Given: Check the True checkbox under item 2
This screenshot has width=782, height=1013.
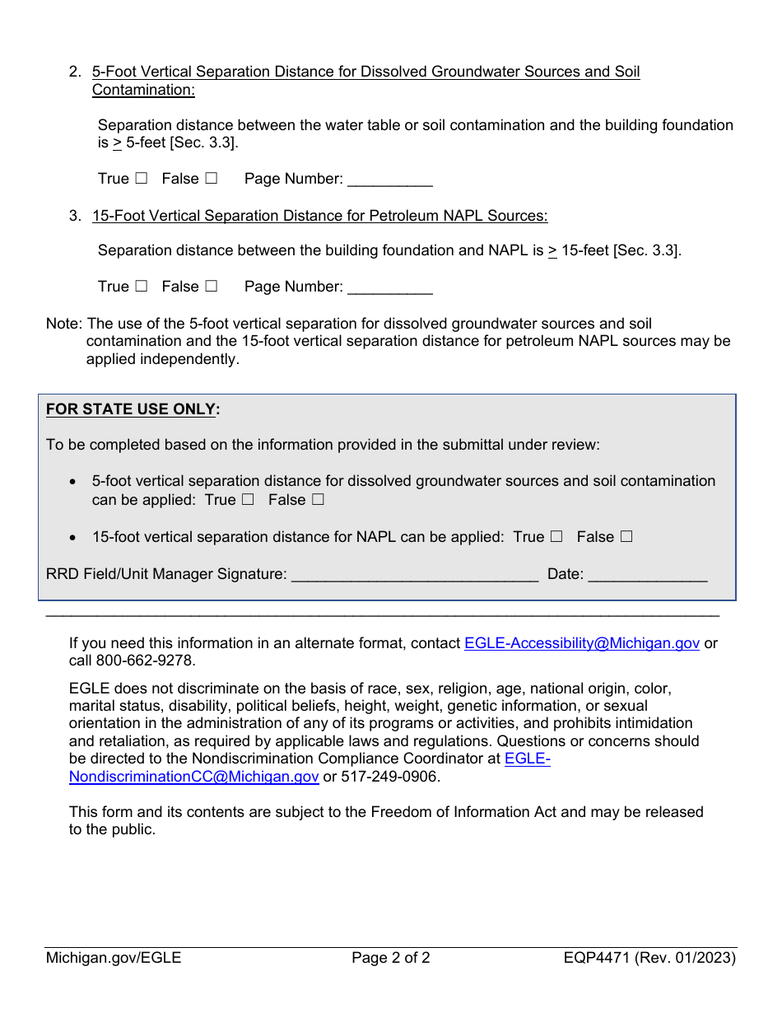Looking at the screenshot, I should (142, 179).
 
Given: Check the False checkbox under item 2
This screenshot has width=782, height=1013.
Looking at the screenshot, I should (212, 179).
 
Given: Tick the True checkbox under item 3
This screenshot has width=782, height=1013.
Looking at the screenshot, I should (142, 287).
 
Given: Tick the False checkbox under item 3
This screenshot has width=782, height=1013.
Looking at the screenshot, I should (212, 287).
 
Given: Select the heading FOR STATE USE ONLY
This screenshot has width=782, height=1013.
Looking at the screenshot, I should (133, 409).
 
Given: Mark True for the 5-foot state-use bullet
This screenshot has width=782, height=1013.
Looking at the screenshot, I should (248, 500).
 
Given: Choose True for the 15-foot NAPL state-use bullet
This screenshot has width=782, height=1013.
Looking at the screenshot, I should (556, 537).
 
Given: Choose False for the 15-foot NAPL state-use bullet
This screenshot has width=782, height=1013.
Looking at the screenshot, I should (626, 537).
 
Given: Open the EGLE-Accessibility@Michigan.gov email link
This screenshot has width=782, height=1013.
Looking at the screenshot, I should (582, 643).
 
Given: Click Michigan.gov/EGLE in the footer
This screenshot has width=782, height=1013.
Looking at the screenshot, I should (114, 958).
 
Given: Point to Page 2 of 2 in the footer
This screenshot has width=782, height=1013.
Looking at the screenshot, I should (391, 958).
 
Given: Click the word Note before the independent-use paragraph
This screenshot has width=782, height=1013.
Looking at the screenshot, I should (62, 324).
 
